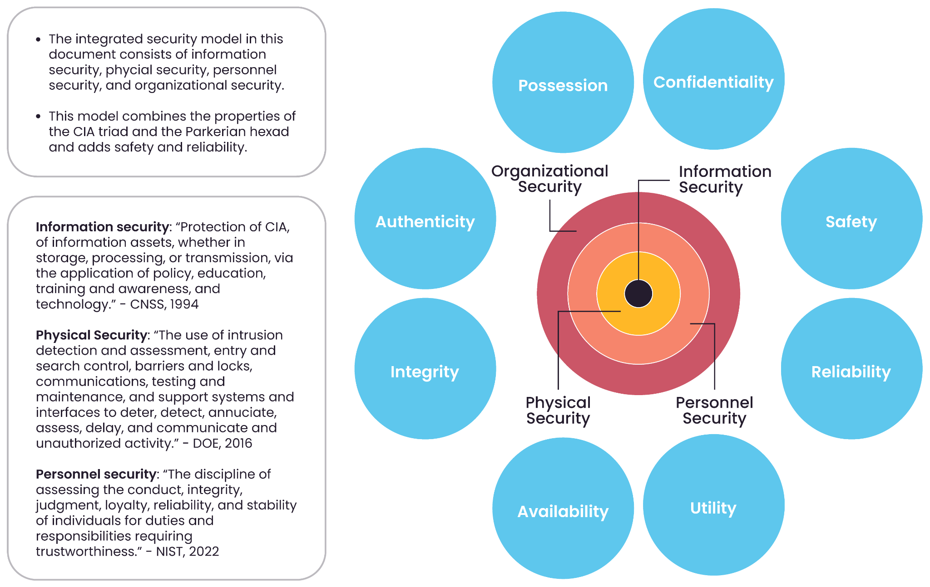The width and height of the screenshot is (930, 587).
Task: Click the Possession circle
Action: pyautogui.click(x=563, y=83)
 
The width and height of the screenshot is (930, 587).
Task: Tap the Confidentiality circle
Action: pyautogui.click(x=713, y=79)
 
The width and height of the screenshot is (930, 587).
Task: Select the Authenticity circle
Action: pyautogui.click(x=425, y=219)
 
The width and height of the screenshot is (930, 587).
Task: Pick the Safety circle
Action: pyautogui.click(x=851, y=219)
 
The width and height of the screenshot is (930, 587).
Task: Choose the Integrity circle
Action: pyautogui.click(x=425, y=369)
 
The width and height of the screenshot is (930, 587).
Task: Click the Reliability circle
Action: pyautogui.click(x=851, y=369)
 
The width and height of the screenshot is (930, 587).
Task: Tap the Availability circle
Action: pyautogui.click(x=563, y=509)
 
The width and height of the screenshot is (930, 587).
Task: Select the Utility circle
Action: pyautogui.click(x=713, y=505)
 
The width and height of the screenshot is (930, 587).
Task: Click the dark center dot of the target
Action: pyautogui.click(x=638, y=294)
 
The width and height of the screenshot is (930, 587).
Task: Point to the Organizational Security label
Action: pyautogui.click(x=550, y=179)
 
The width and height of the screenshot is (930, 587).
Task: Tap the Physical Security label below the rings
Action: pyautogui.click(x=558, y=411)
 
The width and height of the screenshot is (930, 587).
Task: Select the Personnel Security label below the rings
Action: pyautogui.click(x=714, y=411)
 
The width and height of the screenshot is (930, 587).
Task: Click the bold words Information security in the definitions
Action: pyautogui.click(x=102, y=227)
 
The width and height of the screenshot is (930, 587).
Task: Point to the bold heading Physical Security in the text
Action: pyautogui.click(x=92, y=335)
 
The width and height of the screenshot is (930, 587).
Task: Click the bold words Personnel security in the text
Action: pyautogui.click(x=96, y=474)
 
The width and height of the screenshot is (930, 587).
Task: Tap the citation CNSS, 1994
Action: pyautogui.click(x=164, y=304)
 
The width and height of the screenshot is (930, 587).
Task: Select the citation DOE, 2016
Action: pyautogui.click(x=222, y=443)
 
